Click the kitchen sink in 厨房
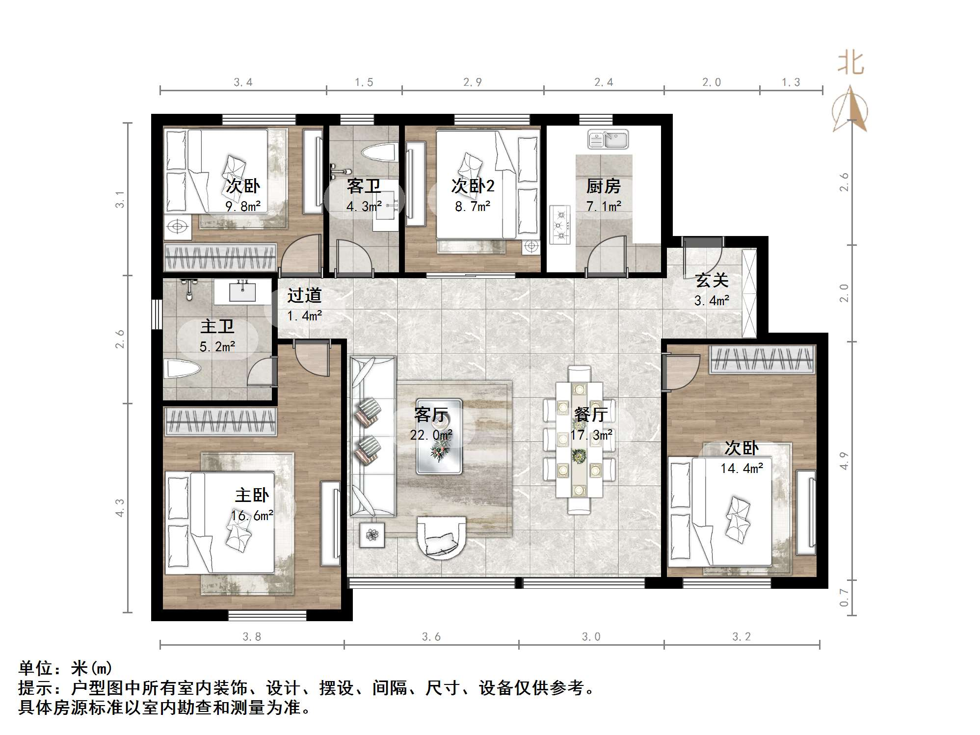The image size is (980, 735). click(x=608, y=139)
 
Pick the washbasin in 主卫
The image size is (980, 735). click(x=242, y=292)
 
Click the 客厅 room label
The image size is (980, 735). click(x=431, y=415)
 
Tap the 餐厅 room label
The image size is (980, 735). click(x=591, y=415)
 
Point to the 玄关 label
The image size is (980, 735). click(x=712, y=280)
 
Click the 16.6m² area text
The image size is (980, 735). click(x=252, y=516)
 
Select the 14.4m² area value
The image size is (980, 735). click(x=742, y=469)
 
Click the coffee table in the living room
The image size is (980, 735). click(x=439, y=436)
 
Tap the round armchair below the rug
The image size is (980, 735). click(x=441, y=538)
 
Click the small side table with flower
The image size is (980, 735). click(x=372, y=535)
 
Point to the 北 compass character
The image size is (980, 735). click(x=850, y=64)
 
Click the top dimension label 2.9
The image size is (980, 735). click(x=473, y=82)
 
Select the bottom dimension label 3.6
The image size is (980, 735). click(x=431, y=637)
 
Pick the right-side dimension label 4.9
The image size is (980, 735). click(x=844, y=461)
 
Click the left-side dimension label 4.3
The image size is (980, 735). click(x=120, y=508)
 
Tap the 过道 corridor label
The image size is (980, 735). click(x=304, y=295)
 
